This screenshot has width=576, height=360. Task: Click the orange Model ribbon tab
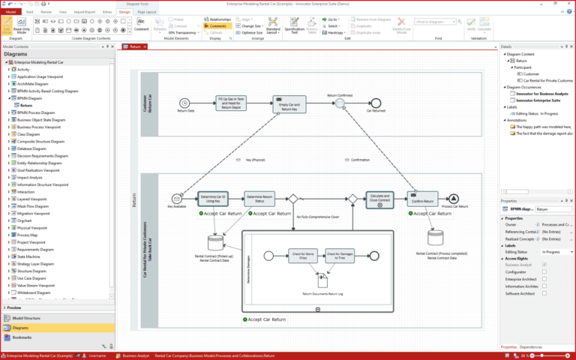point(11,12)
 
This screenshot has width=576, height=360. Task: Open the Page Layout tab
point(147,12)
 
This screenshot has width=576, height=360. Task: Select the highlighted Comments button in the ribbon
point(215,26)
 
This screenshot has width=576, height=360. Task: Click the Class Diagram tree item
point(31,134)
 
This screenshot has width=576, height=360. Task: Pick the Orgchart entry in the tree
point(25,220)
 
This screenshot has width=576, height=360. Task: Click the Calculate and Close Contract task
point(380,199)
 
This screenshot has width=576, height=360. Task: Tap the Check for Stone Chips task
point(301,255)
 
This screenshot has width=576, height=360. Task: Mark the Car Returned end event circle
point(376,102)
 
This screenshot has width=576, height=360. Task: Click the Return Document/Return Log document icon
point(322,280)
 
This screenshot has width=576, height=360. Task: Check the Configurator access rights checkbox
point(544,271)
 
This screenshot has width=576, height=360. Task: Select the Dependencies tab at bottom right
point(531,347)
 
